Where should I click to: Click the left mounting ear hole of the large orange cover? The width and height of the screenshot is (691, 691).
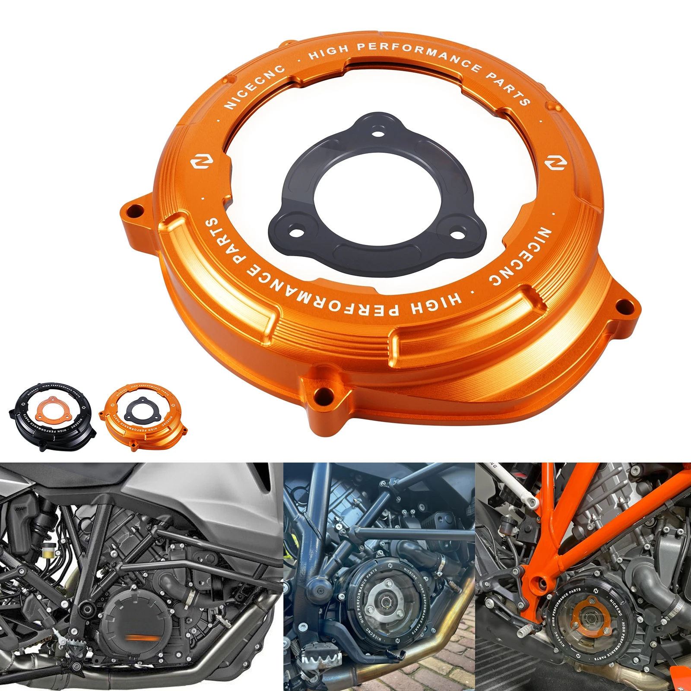pyautogui.click(x=135, y=212)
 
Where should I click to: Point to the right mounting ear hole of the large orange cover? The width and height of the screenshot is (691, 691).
pyautogui.click(x=623, y=308)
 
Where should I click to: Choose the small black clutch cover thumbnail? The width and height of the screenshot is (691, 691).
pyautogui.click(x=51, y=415)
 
